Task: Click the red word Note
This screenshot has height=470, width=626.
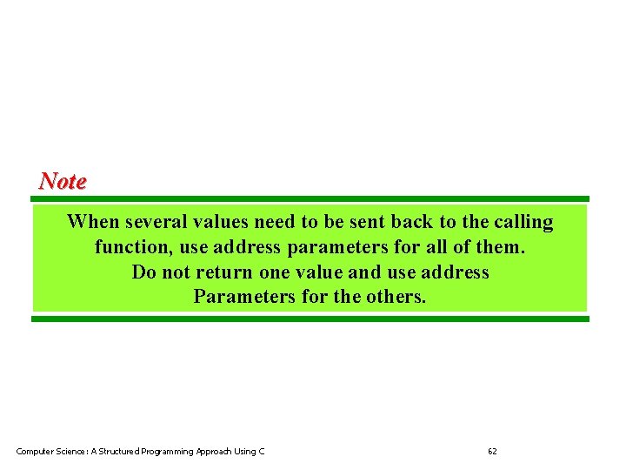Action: click(x=63, y=181)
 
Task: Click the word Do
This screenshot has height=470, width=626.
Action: click(x=143, y=272)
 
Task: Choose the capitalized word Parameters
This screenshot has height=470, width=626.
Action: click(x=244, y=297)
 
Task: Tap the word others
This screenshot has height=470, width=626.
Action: click(x=395, y=297)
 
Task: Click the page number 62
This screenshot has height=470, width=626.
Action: click(x=492, y=451)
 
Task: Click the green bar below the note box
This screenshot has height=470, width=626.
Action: click(x=310, y=319)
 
